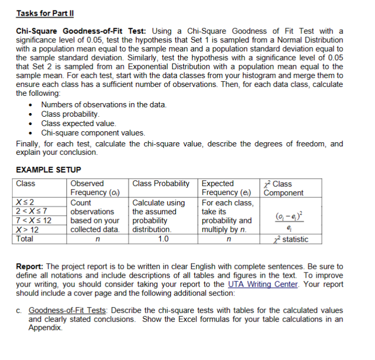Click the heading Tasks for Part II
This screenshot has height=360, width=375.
pos(41,13)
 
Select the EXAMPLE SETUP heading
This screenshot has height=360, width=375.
pos(49,170)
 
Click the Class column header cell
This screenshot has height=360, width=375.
pos(26,184)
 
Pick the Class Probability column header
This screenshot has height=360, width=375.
pos(161,184)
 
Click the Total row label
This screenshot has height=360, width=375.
pos(25,239)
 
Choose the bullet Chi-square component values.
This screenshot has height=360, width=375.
pos(93,133)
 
